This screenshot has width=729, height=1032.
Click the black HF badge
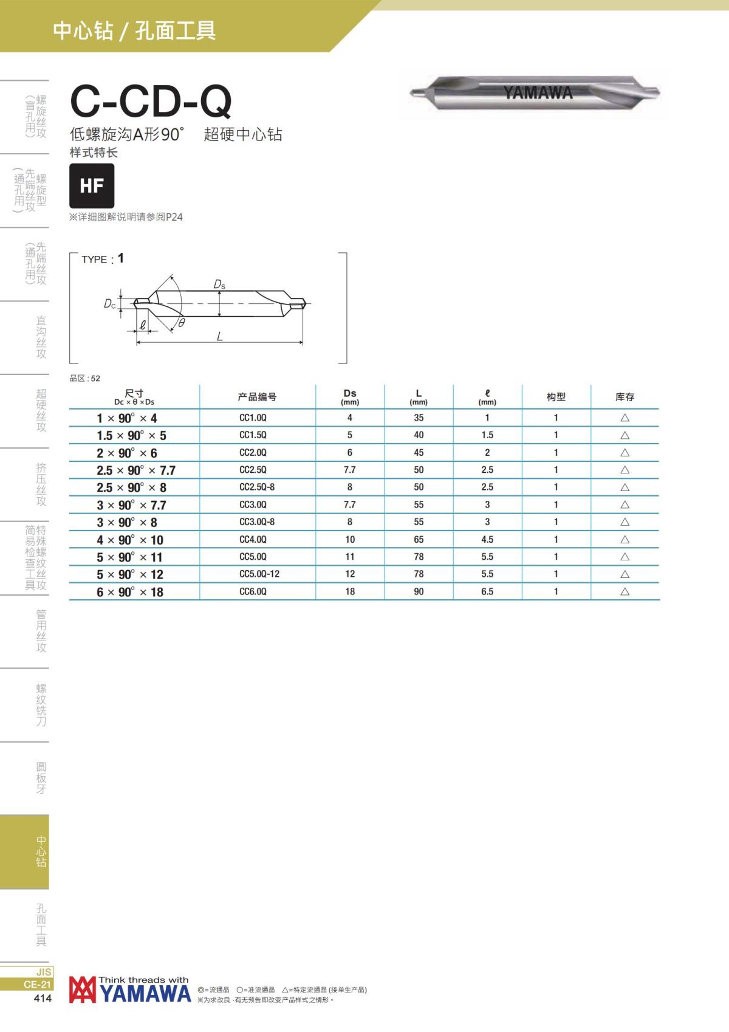tap(92, 185)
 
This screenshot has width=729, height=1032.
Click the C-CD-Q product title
tap(151, 101)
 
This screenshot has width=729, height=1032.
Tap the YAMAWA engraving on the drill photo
tap(538, 92)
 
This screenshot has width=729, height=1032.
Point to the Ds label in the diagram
tap(219, 284)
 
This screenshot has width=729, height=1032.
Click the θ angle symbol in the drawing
tap(182, 323)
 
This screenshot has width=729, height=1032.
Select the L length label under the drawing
tap(220, 336)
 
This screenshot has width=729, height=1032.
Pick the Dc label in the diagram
tap(109, 304)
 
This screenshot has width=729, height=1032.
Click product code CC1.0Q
tap(253, 418)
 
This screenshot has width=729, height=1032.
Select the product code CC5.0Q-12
tap(259, 574)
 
